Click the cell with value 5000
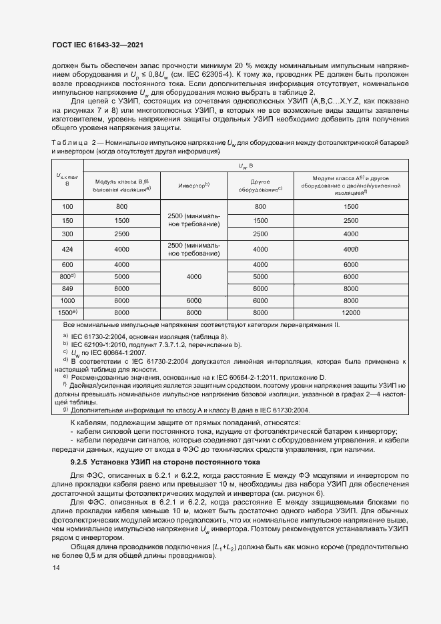tap(121, 276)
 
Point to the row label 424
tap(67, 249)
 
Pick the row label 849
tap(67, 288)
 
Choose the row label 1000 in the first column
tap(67, 300)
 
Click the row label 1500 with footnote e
tap(67, 312)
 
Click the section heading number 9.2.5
tap(83, 462)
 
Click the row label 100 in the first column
tap(67, 208)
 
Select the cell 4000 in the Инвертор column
tap(193, 276)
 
